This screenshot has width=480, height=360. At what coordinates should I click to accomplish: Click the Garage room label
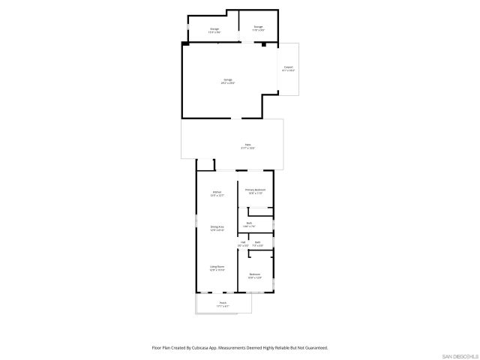pyautogui.click(x=228, y=81)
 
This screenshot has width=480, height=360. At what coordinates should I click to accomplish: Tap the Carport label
pyautogui.click(x=288, y=69)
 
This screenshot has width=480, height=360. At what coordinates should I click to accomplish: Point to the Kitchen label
pyautogui.click(x=217, y=193)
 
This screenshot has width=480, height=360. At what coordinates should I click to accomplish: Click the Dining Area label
pyautogui.click(x=217, y=228)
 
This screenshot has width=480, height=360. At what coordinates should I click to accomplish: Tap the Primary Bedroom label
pyautogui.click(x=255, y=191)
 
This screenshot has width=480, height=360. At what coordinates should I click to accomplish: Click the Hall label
pyautogui.click(x=242, y=244)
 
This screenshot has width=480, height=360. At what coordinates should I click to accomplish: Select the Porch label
pyautogui.click(x=223, y=304)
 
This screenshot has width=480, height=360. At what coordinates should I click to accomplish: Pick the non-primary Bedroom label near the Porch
pyautogui.click(x=255, y=275)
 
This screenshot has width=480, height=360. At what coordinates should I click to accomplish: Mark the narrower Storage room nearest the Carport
pyautogui.click(x=258, y=28)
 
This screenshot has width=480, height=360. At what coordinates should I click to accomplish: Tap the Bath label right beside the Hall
pyautogui.click(x=257, y=244)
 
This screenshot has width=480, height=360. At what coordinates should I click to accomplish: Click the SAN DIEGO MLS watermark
pyautogui.click(x=459, y=355)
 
